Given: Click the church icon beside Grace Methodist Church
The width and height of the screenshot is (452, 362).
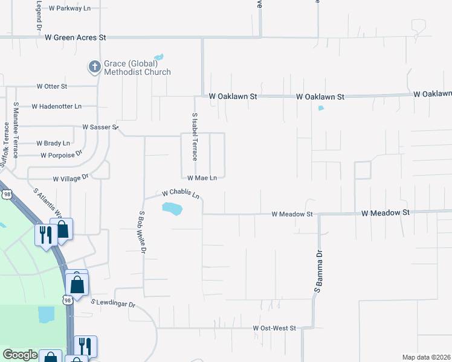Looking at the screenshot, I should tap(94, 66).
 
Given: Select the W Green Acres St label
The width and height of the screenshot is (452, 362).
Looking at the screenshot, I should tap(76, 37).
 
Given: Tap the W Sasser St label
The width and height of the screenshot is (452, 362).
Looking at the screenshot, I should tap(100, 127).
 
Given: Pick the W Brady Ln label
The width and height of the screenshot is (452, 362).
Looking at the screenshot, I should tap(53, 144).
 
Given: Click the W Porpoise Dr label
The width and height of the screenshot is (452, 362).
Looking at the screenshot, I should tap(61, 155).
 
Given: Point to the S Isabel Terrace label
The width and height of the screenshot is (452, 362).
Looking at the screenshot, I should tap(195, 137).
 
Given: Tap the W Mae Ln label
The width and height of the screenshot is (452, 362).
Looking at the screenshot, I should tap(202, 178).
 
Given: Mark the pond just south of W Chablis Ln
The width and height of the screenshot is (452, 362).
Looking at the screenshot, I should tap(172, 209).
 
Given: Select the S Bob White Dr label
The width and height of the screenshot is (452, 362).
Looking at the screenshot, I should tap(143, 232).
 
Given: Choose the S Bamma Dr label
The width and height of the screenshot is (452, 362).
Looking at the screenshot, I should tap(317, 275).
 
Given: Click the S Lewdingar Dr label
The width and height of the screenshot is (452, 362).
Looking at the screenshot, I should tap(114, 303).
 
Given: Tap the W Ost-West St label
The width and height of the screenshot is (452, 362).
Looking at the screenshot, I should tap(274, 328).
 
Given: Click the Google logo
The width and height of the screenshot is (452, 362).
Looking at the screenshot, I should tap(20, 355).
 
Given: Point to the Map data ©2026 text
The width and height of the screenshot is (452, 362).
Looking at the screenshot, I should tap(426, 357).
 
